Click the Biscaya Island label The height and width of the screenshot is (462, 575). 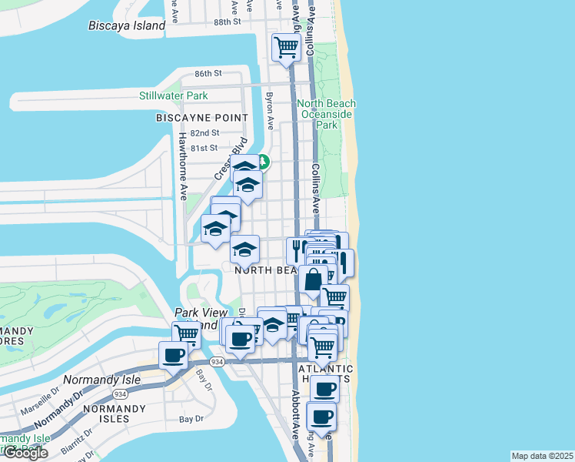[x=126, y=25]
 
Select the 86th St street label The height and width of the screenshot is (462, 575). [x=208, y=73]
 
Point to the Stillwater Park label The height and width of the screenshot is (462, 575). [x=174, y=95]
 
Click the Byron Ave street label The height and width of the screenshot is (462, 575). [x=270, y=112]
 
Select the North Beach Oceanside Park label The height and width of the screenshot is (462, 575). [x=327, y=114]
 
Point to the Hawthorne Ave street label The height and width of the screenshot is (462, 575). [x=183, y=166]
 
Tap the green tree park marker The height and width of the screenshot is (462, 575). [x=263, y=161]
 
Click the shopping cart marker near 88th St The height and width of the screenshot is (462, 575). [x=286, y=47]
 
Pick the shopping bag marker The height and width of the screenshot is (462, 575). [x=313, y=281]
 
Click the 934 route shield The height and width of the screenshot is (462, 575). [x=218, y=361]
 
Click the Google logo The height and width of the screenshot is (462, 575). [x=25, y=453]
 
